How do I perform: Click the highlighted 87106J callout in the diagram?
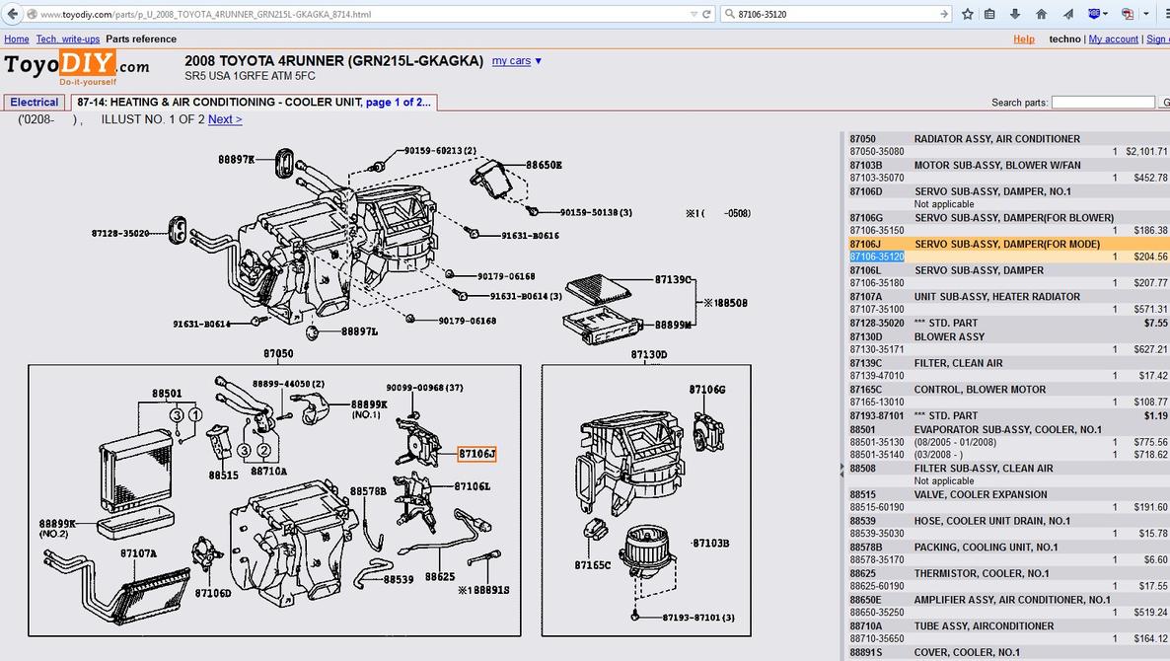pos(476,454)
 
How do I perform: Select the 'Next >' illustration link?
pos(225,119)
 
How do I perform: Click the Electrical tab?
pos(35,103)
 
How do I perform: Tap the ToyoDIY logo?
pos(77,67)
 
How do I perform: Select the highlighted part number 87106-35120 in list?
pos(877,257)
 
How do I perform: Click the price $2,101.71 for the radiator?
pos(1147,152)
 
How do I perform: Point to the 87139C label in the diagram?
pos(673,280)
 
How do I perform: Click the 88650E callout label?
pos(544,165)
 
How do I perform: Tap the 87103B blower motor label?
pos(710,544)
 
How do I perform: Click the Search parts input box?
pos(1103,103)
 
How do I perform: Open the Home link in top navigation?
pos(17,38)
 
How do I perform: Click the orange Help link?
pos(1024,38)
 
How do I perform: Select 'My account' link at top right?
pos(1114,38)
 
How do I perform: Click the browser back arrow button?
pos(13,14)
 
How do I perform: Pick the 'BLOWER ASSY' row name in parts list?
pos(949,337)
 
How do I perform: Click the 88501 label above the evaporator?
pos(167,394)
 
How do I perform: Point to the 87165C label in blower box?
pos(593,564)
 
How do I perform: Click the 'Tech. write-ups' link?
pos(68,38)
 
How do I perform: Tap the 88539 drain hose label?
pos(399,579)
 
